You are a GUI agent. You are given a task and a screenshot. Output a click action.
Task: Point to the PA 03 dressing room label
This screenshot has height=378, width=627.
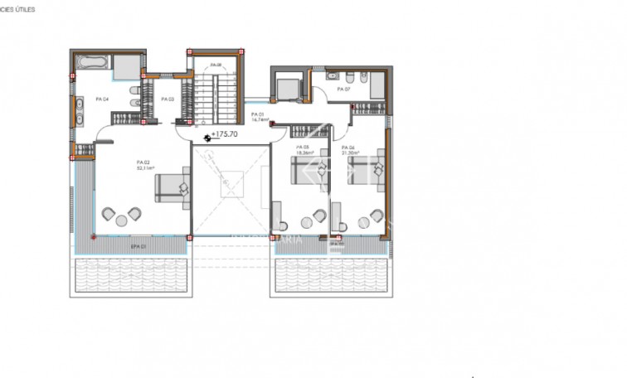[167, 99]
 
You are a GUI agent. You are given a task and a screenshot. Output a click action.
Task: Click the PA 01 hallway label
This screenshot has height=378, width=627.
[257, 114]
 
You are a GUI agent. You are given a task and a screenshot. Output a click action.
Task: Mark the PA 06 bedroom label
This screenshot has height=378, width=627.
[349, 147]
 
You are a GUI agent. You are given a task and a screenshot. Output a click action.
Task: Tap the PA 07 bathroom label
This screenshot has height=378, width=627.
[343, 89]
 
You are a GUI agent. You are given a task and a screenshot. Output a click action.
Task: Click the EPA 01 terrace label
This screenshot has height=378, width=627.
[139, 245]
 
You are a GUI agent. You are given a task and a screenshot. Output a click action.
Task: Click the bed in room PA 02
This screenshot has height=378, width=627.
[173, 187]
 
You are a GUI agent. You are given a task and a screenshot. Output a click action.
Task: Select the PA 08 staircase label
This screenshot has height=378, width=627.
[216, 65]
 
